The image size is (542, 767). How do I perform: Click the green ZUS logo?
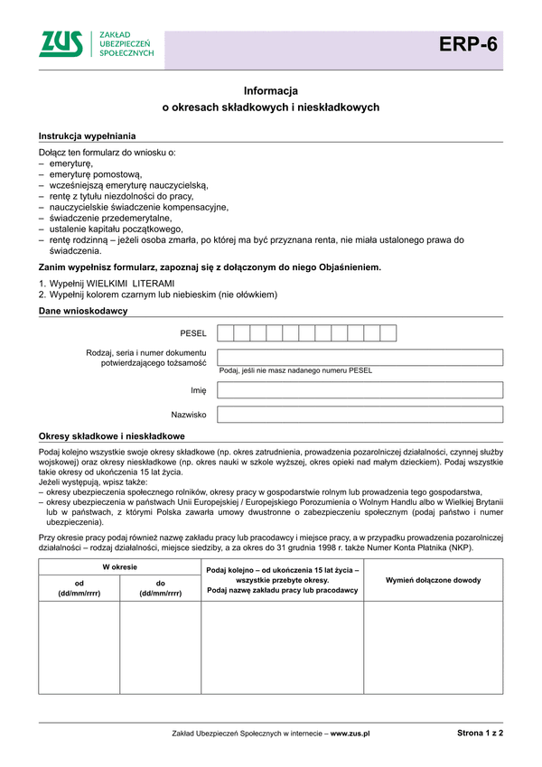[61, 43]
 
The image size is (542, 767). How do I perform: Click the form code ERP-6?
[468, 44]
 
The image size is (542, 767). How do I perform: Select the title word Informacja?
[271, 91]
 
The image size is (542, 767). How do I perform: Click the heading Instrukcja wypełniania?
[87, 136]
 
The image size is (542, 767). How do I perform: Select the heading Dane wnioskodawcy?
[83, 311]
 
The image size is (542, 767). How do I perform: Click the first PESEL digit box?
[226, 333]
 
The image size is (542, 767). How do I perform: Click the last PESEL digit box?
[388, 333]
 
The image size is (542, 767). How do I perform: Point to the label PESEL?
[193, 333]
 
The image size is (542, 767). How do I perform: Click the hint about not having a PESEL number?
[295, 370]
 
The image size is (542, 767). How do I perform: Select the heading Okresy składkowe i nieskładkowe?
[111, 435]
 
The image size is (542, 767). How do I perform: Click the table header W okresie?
[119, 566]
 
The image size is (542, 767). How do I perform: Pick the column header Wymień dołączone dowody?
[433, 580]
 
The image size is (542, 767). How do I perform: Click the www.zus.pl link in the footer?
[350, 734]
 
